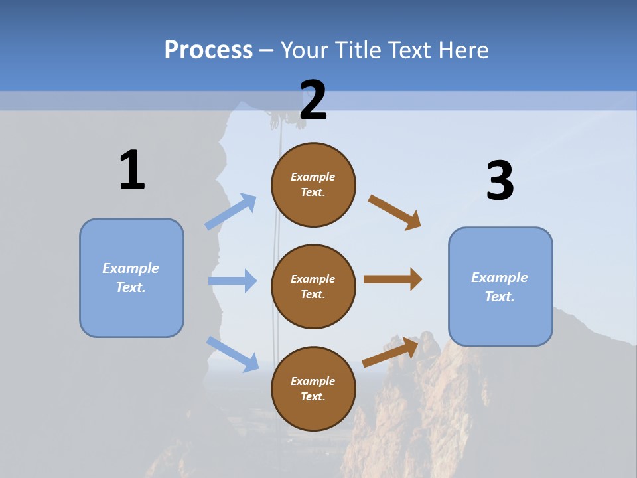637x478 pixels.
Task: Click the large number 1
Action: [132, 170]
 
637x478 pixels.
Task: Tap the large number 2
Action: [313, 100]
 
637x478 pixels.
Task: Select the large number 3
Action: [500, 181]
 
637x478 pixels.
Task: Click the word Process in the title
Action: [208, 50]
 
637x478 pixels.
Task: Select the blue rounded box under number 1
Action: [131, 278]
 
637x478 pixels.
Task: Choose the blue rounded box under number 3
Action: [500, 287]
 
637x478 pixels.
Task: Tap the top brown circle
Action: [313, 185]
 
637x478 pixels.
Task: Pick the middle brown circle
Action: [313, 286]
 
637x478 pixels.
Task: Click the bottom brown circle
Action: [313, 388]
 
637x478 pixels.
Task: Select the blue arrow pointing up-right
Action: [231, 212]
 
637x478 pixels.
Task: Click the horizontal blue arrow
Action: [232, 281]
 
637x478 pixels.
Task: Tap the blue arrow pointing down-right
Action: [232, 353]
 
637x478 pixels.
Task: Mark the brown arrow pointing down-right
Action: [395, 212]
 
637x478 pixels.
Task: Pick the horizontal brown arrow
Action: [393, 279]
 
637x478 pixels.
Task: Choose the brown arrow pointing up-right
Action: [391, 352]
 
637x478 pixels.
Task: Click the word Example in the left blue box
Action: [131, 268]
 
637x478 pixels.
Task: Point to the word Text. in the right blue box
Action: [500, 297]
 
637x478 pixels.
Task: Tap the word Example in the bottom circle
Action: [313, 381]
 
